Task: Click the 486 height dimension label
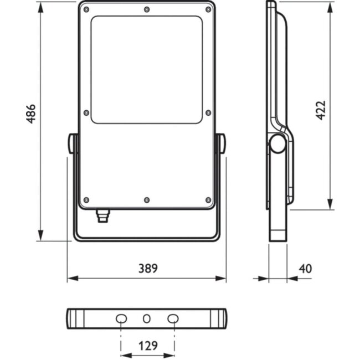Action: [x=31, y=114]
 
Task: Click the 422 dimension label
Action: [x=321, y=110]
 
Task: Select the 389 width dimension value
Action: [x=148, y=269]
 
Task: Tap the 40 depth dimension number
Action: [x=305, y=269]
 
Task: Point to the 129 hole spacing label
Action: [x=148, y=346]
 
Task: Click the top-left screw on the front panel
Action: [x=86, y=9]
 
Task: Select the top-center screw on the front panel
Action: [x=147, y=9]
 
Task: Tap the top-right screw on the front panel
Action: [x=208, y=9]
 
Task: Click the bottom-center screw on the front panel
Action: [x=147, y=200]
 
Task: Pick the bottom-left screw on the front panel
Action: [x=86, y=200]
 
